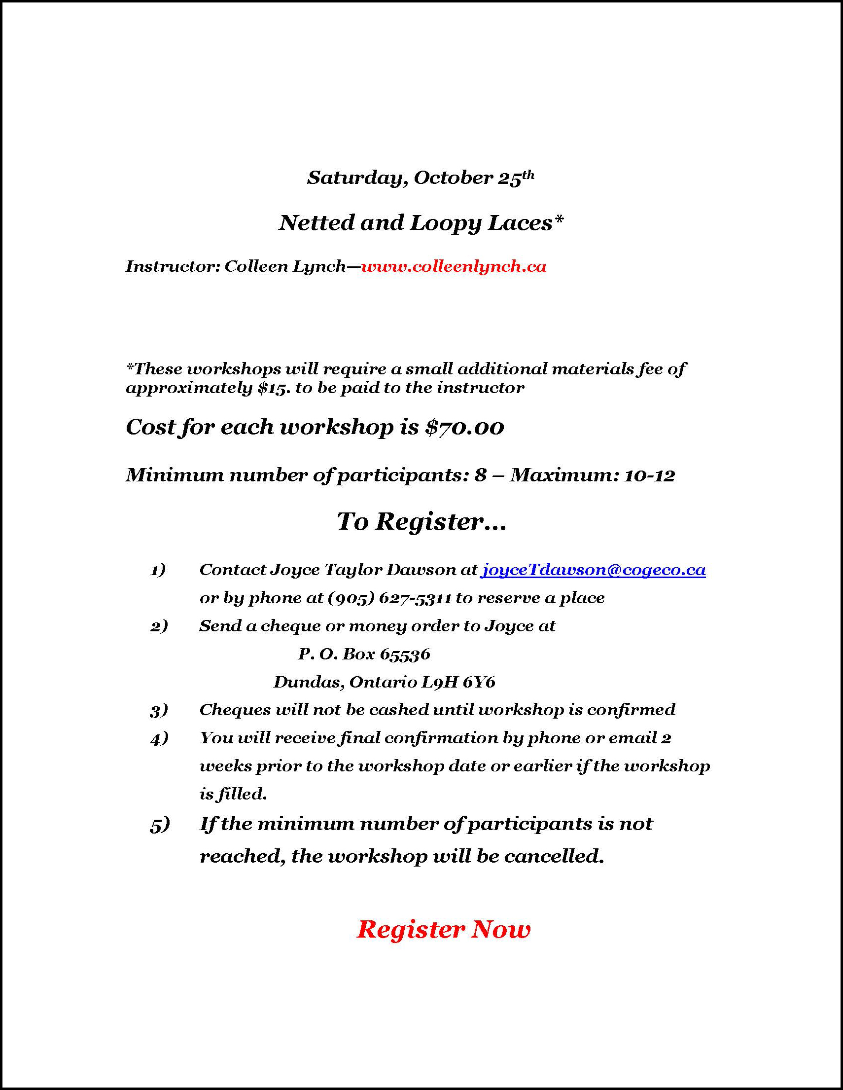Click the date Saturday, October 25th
click(x=420, y=178)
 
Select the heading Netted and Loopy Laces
click(x=421, y=223)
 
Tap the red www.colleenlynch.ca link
click(x=454, y=266)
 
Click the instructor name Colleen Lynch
click(x=285, y=266)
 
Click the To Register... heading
click(x=421, y=522)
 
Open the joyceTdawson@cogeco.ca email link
click(x=593, y=570)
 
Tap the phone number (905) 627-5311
click(x=389, y=598)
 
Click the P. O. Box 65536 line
click(x=364, y=654)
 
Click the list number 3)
click(x=159, y=710)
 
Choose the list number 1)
click(x=158, y=570)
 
